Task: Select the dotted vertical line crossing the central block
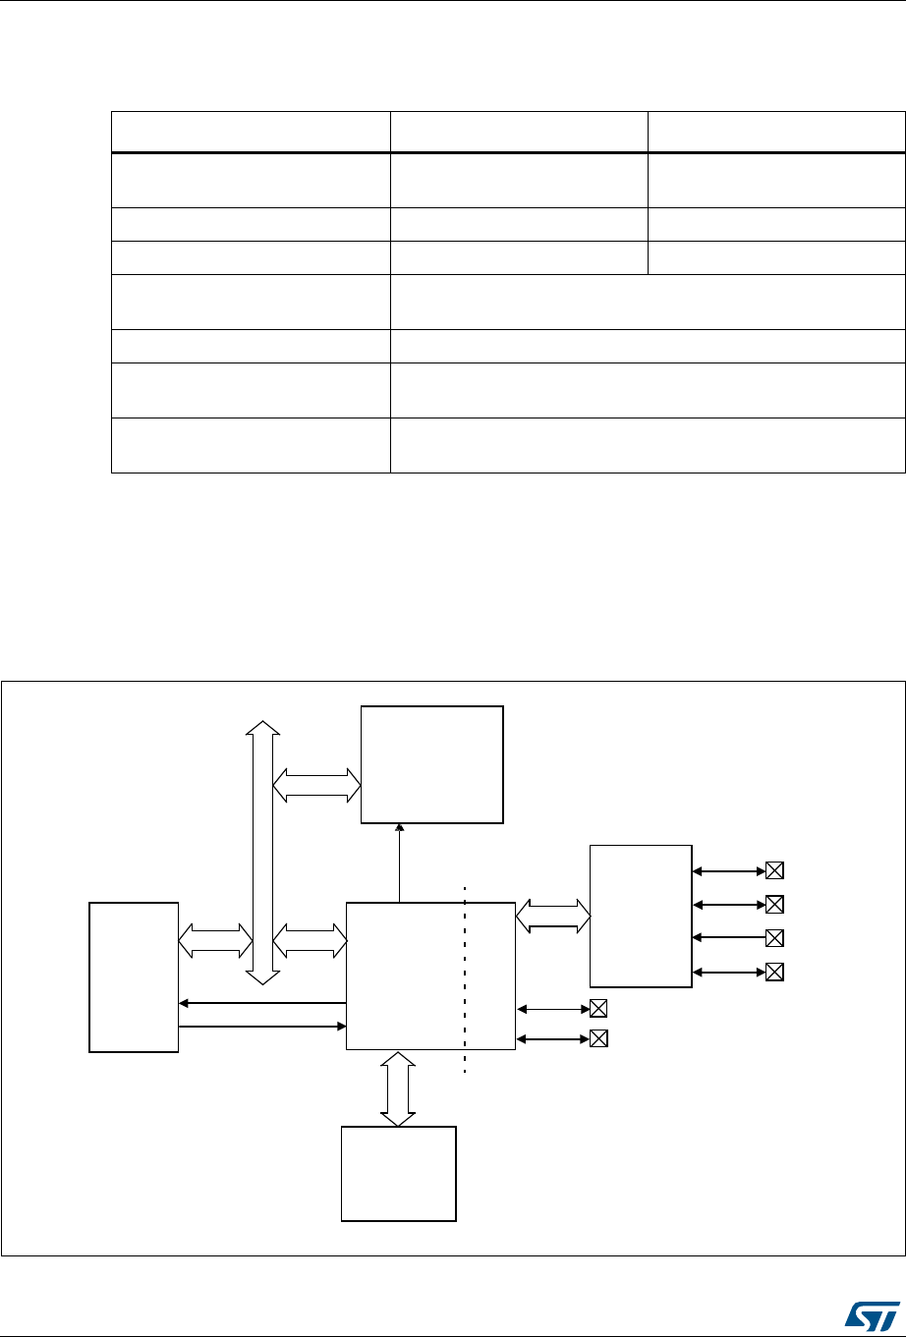point(464,982)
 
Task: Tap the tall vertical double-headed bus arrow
point(262,851)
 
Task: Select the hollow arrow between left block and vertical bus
point(214,939)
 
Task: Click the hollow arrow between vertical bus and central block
point(310,939)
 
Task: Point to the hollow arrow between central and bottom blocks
point(398,1088)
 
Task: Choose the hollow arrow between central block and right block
point(551,916)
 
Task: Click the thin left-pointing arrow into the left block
point(262,1003)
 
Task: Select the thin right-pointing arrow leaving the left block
point(262,1027)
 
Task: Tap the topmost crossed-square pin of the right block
point(774,870)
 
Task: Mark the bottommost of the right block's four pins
point(774,973)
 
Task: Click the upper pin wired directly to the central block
point(597,1008)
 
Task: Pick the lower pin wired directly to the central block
point(597,1037)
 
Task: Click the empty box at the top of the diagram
point(432,764)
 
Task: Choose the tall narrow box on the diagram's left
point(134,976)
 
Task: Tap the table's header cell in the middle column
point(519,132)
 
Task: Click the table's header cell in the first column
point(251,132)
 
